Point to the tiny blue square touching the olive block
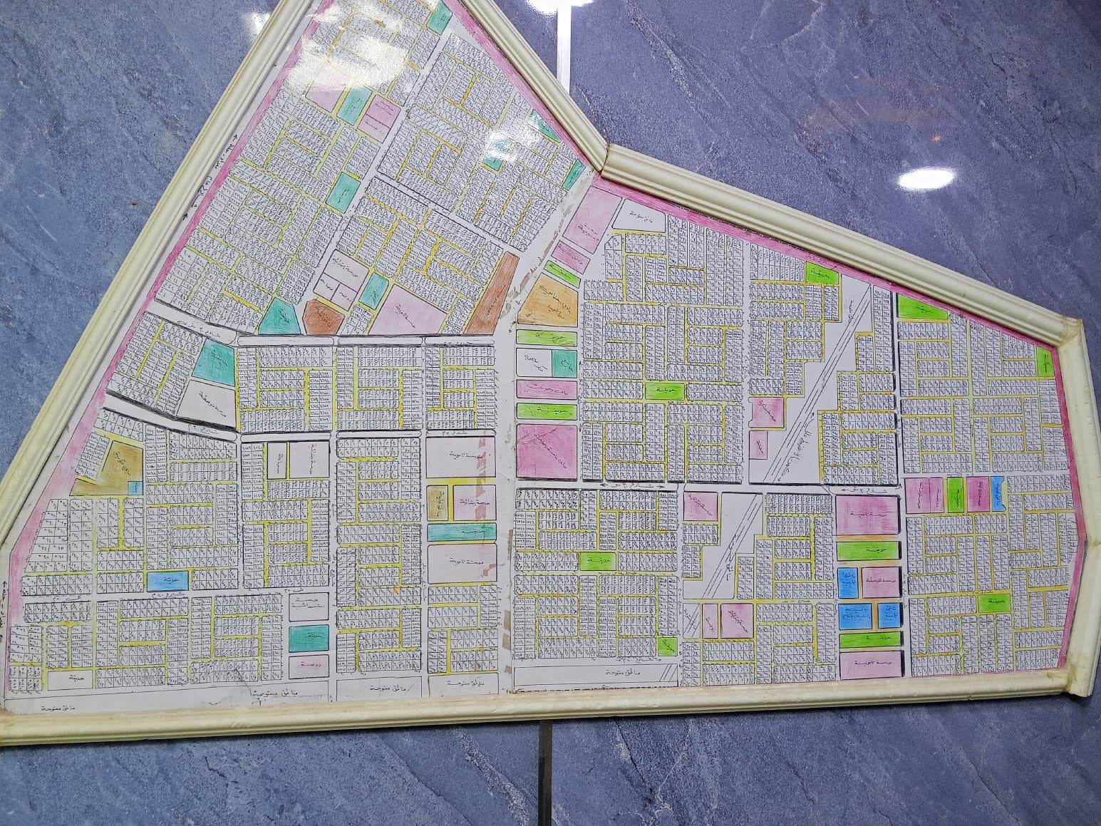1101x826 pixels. coord(134,486)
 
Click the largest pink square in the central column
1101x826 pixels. coord(547,449)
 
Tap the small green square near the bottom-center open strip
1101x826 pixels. coord(667,646)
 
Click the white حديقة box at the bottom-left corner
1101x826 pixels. coord(71,680)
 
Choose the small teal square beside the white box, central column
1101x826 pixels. coord(564,361)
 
